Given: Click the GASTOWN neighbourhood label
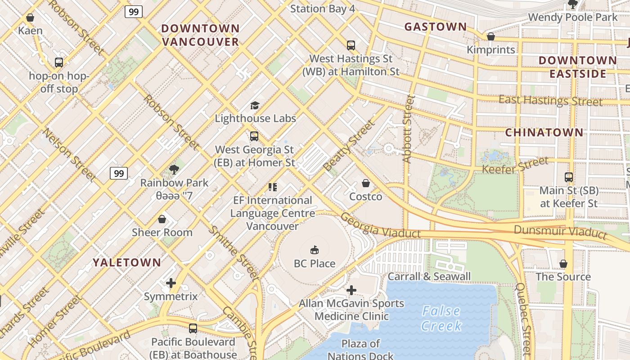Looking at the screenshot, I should point(436,27).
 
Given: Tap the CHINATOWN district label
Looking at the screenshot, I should point(544,133).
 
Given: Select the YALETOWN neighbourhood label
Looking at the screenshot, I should point(127,263).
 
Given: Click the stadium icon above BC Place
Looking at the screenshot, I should point(315,250).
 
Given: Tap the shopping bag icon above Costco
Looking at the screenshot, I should point(366,183).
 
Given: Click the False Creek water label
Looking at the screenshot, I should point(441,318).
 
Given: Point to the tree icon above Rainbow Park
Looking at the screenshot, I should point(174,169).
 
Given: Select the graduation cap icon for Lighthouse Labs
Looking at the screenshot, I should point(255,105).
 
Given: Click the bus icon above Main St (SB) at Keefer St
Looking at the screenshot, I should point(569,177).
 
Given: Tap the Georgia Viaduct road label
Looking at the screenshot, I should point(381,226).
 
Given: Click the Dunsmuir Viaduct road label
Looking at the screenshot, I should point(560,232).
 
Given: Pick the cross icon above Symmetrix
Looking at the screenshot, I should point(171,283).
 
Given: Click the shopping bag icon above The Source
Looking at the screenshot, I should point(563,263).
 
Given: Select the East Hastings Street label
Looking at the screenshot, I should point(550,100).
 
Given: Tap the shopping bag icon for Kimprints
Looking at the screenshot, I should point(491,36).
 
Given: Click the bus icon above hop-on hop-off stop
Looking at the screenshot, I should point(59,63).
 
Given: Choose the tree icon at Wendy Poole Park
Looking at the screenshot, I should point(573,4).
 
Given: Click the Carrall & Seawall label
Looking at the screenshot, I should point(429,276).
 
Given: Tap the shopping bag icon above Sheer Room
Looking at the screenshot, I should point(162,219).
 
